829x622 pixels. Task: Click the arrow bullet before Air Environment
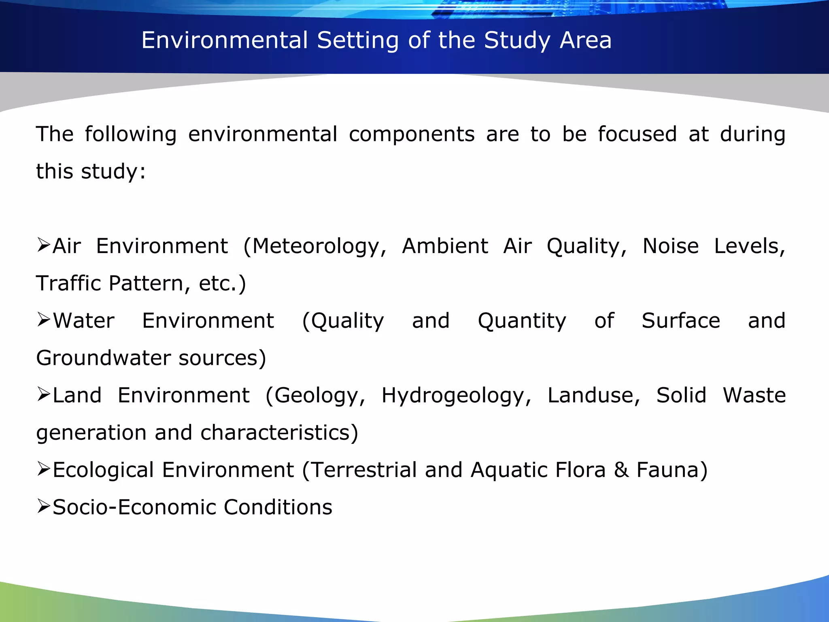(43, 245)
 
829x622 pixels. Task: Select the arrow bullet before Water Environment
(43, 320)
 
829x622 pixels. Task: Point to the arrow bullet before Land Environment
(43, 394)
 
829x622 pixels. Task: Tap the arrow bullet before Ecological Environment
(43, 469)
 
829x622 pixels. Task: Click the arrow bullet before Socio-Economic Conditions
(43, 506)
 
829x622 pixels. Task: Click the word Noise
(671, 246)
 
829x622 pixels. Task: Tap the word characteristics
(279, 432)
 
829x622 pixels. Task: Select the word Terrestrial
(364, 470)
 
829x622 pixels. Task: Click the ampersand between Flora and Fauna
(621, 470)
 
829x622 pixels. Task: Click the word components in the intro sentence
(412, 134)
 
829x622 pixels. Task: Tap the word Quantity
(522, 321)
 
